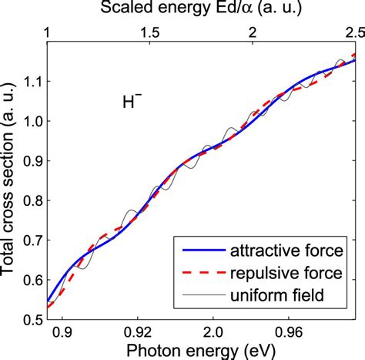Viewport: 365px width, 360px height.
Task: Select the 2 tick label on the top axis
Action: (x=252, y=34)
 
